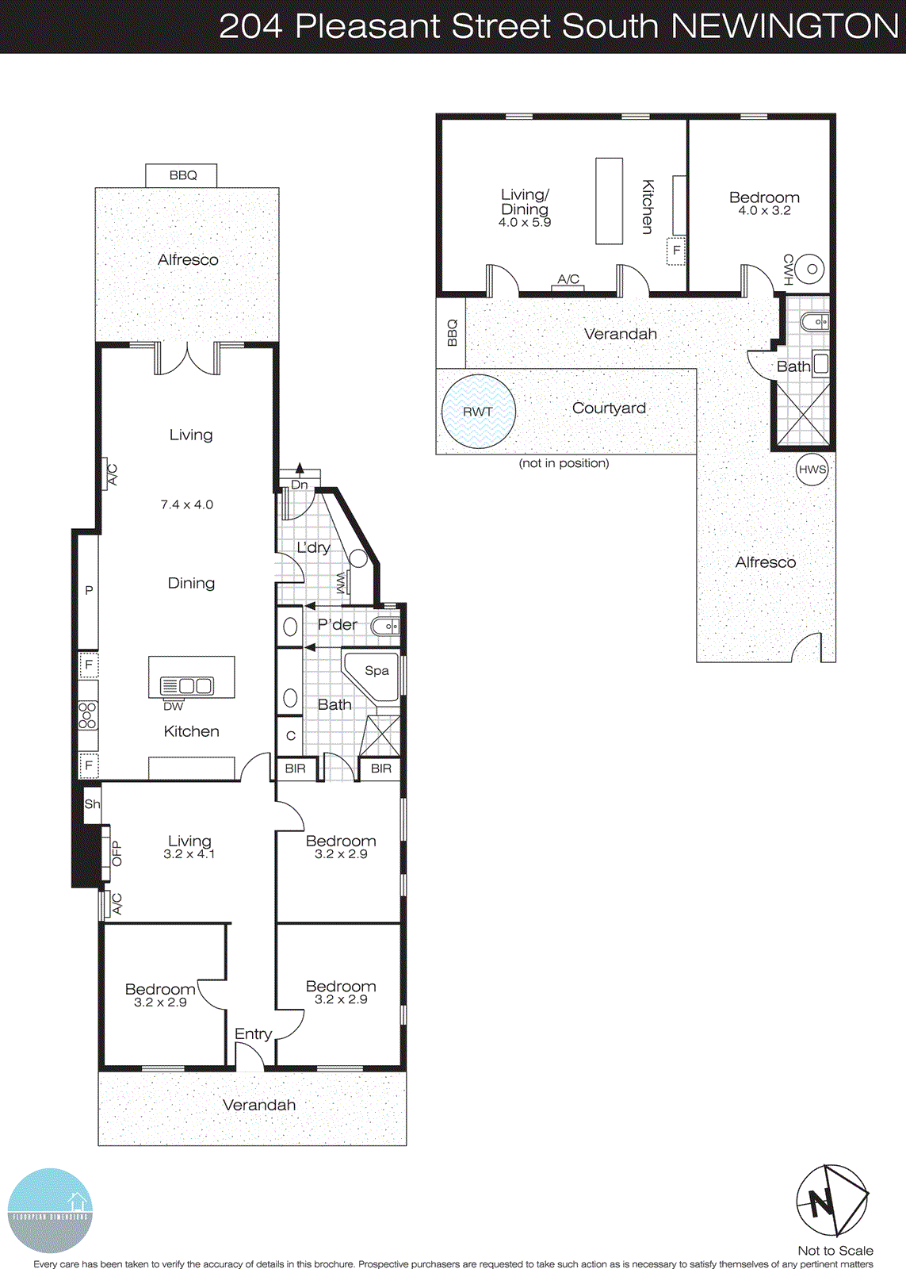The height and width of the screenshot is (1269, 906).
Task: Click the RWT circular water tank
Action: [478, 412]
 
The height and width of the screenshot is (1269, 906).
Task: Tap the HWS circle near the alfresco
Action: [812, 469]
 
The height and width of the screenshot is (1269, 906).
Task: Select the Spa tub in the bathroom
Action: [375, 673]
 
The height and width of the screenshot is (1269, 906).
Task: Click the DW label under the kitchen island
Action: [173, 706]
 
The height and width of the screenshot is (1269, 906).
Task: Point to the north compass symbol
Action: [831, 1200]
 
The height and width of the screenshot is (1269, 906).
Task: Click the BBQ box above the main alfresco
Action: [182, 175]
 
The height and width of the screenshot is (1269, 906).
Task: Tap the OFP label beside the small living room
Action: [117, 853]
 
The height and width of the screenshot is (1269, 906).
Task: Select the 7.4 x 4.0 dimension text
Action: [187, 504]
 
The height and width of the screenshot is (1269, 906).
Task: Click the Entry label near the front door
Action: [253, 1033]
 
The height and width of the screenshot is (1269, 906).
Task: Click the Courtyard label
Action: [609, 408]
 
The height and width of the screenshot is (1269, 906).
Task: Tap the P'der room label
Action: [337, 624]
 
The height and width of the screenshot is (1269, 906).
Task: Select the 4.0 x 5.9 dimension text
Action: [524, 223]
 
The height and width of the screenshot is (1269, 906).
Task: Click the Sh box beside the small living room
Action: [92, 803]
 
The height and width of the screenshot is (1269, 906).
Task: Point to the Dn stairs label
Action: [300, 485]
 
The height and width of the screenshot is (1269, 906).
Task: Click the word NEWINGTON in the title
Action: [785, 26]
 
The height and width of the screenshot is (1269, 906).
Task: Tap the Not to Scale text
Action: [835, 1250]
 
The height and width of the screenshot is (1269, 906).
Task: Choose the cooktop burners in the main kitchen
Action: [87, 715]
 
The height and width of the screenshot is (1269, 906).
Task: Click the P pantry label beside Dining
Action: [89, 590]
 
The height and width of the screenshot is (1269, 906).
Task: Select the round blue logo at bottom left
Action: [50, 1210]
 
